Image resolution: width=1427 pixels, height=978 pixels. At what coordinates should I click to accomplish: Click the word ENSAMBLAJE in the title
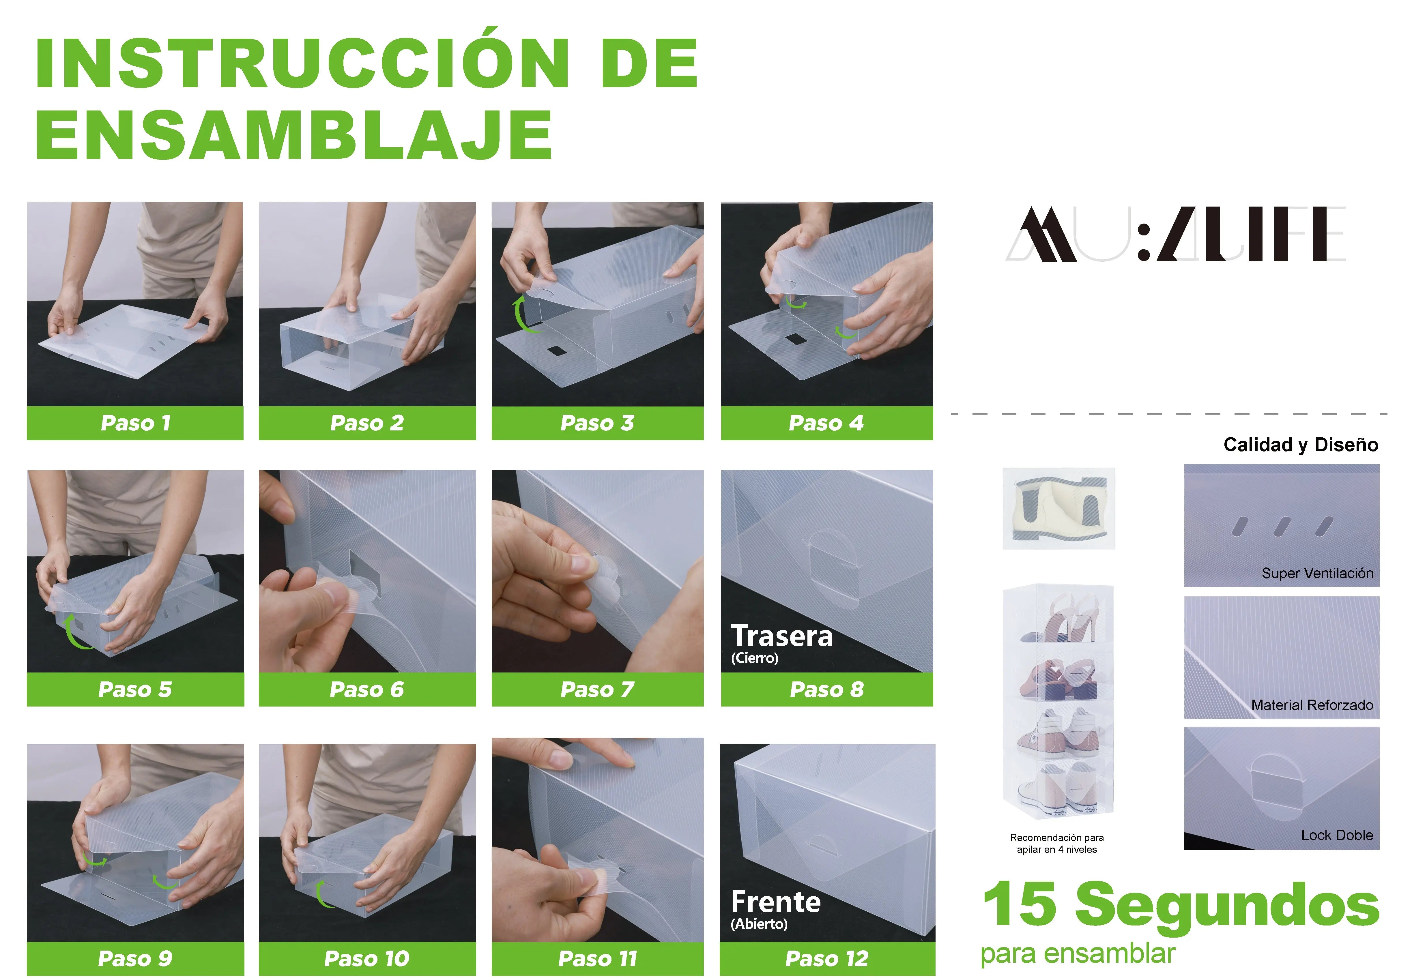[293, 135]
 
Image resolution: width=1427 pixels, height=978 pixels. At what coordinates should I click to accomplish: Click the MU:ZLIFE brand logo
[1174, 235]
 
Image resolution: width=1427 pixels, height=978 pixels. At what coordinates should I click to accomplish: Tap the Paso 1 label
[135, 423]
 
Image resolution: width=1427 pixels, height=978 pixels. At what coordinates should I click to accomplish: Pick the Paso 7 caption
[597, 690]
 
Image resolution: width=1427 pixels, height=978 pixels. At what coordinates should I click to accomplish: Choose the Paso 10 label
[366, 958]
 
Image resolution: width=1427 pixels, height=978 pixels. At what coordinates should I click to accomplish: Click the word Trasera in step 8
[782, 636]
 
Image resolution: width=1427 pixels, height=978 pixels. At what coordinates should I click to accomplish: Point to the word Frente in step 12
[775, 902]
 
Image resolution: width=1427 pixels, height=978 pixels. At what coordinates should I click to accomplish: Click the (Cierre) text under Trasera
[755, 658]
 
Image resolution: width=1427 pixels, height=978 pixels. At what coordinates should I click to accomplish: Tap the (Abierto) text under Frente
[759, 924]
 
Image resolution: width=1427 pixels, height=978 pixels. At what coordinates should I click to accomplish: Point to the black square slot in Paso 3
[556, 351]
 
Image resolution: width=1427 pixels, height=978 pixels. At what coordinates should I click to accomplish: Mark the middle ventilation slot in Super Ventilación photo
[1282, 526]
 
